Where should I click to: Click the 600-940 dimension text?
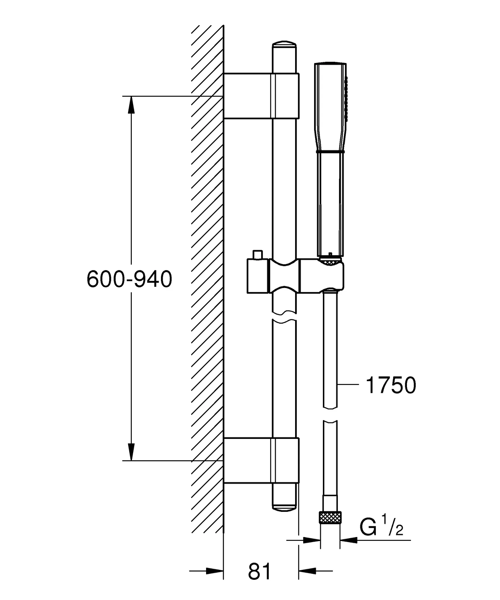point(129,279)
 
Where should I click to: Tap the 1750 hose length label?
point(391,385)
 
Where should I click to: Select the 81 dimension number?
point(260,571)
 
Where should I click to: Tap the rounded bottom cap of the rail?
point(284,509)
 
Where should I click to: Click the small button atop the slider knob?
point(258,255)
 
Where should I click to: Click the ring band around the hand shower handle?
point(330,151)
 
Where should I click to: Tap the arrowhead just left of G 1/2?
point(349,540)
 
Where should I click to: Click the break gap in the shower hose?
point(330,414)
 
